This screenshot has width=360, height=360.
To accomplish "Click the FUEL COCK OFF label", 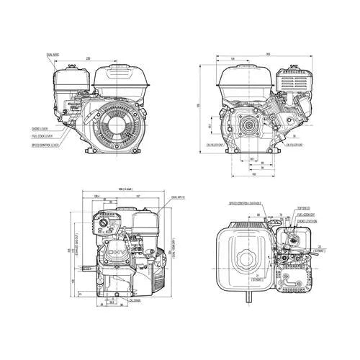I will pos(307,215).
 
